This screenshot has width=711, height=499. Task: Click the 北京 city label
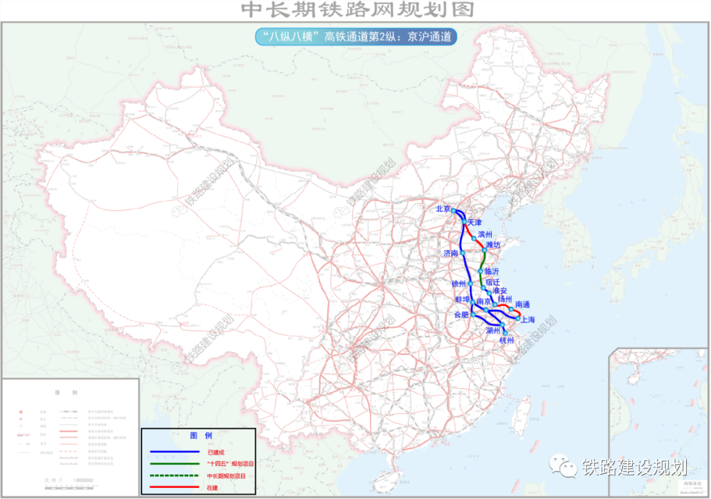pyautogui.click(x=442, y=209)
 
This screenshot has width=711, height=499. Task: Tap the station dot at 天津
pyautogui.click(x=464, y=223)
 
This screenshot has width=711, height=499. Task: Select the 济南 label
pyautogui.click(x=451, y=253)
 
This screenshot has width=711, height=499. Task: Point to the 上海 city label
pyautogui.click(x=527, y=320)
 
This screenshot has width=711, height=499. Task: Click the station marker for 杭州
pyautogui.click(x=506, y=333)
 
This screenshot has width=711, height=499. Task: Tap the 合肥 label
pyautogui.click(x=462, y=316)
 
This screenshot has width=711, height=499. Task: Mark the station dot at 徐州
pyautogui.click(x=471, y=283)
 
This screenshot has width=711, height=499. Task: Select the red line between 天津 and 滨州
pyautogui.click(x=469, y=231)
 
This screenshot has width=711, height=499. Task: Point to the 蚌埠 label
pyautogui.click(x=462, y=299)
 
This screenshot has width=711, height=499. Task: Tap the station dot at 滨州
pyautogui.click(x=474, y=238)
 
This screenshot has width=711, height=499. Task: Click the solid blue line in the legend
pyautogui.click(x=174, y=452)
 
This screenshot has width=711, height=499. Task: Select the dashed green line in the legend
pyautogui.click(x=174, y=475)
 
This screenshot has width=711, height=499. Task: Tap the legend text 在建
pyautogui.click(x=212, y=487)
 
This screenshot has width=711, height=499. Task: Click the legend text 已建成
pyautogui.click(x=215, y=452)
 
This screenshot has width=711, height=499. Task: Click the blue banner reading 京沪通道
pyautogui.click(x=355, y=37)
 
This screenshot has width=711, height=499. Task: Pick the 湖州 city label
pyautogui.click(x=493, y=330)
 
